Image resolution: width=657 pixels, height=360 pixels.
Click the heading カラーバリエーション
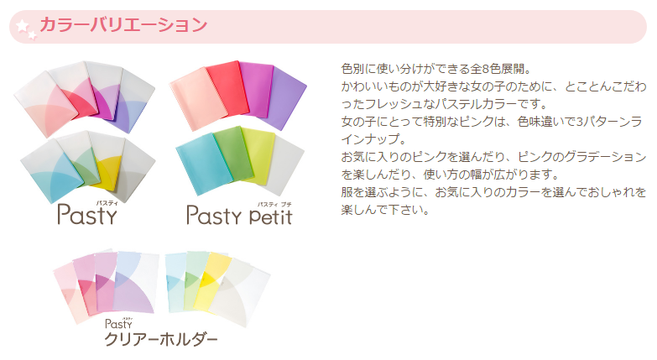point(123,24)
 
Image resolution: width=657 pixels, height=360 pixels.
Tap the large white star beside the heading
point(22,26)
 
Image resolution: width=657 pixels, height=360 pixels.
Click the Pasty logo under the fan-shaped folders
point(87,215)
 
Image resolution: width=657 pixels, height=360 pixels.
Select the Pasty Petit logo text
point(239,216)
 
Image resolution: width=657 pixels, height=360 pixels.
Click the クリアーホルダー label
point(161,339)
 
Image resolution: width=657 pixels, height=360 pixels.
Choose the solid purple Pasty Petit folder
point(286,97)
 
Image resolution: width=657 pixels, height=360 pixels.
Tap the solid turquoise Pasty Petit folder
point(202,164)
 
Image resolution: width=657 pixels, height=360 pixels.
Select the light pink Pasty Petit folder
point(197,98)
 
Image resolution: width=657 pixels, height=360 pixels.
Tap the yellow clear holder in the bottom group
point(215,280)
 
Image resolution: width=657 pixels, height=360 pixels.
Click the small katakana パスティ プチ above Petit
point(274,205)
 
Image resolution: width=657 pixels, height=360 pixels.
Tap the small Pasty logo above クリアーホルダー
point(118,324)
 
